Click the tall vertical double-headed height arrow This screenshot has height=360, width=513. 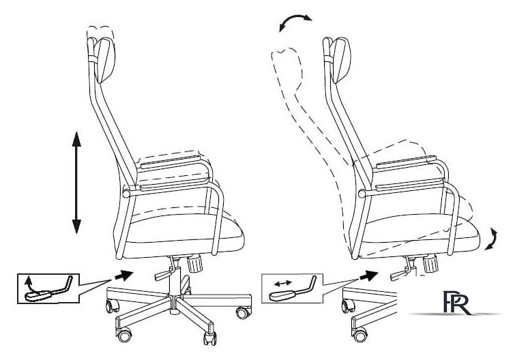point(76,183)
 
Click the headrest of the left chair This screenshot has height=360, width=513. point(104,60)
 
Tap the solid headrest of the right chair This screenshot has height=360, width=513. point(340,60)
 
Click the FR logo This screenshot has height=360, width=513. point(457,303)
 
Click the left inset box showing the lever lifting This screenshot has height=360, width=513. point(48,288)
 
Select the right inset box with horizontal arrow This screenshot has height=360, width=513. point(293,288)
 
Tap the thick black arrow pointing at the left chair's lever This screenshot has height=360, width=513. point(124,275)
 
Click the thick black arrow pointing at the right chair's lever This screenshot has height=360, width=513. point(368,275)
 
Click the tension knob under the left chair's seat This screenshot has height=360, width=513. point(195,264)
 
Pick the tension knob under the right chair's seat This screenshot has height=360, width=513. point(430,264)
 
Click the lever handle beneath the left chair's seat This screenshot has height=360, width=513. point(164,275)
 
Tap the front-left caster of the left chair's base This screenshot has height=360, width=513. point(112,305)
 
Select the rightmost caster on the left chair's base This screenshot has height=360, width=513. point(244,312)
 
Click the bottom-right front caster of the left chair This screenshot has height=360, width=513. point(209,337)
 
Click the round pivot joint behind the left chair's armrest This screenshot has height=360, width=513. point(126,194)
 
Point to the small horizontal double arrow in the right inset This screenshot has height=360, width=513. point(283,282)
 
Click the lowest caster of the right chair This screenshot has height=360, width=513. point(360,335)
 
